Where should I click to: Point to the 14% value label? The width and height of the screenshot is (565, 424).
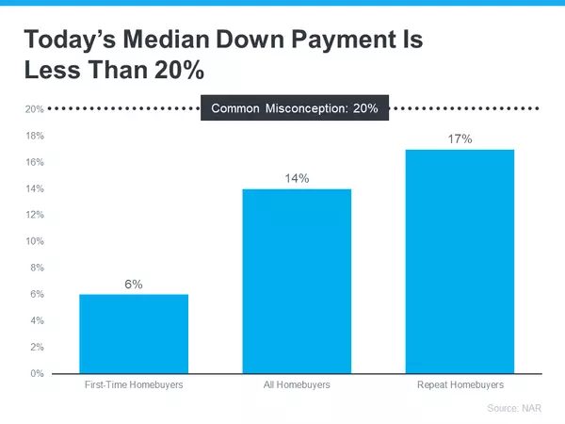point(297,178)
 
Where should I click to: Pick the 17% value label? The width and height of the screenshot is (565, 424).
point(460,139)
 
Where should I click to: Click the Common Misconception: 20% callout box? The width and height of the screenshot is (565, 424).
point(295,108)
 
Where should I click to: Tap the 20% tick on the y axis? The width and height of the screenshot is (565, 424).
point(35,109)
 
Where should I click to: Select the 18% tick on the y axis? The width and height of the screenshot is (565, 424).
point(35,136)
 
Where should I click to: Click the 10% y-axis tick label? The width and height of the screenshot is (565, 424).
point(35,241)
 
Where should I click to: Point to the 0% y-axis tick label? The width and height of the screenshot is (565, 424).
point(38,373)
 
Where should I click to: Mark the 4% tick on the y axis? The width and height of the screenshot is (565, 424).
point(38,320)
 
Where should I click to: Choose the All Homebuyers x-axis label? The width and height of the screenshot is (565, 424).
point(297,385)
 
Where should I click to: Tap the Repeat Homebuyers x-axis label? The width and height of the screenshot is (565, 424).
point(460,385)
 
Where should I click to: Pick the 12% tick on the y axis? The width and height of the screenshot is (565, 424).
point(35,215)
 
